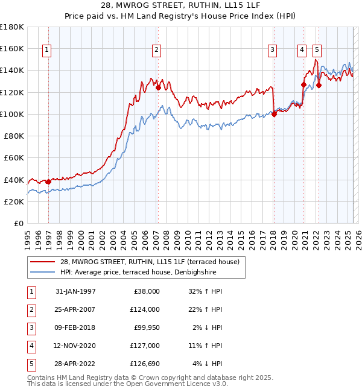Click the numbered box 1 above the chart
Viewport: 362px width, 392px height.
pos(47,50)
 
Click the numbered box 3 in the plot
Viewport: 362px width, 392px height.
pos(273,50)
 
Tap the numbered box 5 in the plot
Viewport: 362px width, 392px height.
pos(317,50)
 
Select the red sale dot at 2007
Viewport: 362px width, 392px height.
pos(158,87)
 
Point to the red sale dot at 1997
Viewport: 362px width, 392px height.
pos(48,182)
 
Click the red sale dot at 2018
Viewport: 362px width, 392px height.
pos(274,114)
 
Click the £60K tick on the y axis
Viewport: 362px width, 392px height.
pos(14,158)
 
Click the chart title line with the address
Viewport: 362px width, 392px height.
pos(181,7)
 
